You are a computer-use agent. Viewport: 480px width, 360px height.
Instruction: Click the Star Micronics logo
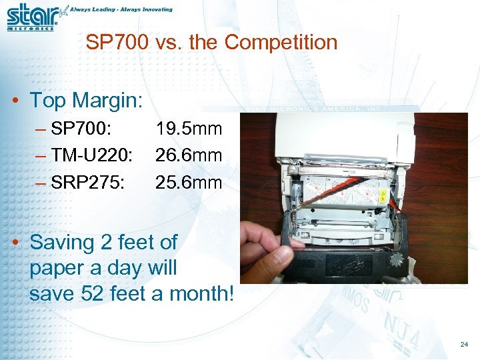pyautogui.click(x=33, y=17)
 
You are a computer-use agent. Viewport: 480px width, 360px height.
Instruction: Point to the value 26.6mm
pyautogui.click(x=189, y=155)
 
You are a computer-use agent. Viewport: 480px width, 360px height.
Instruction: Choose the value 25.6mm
pyautogui.click(x=189, y=182)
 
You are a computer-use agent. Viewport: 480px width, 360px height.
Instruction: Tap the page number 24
pyautogui.click(x=464, y=345)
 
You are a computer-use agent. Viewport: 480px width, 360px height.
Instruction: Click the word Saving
pyautogui.click(x=63, y=241)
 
